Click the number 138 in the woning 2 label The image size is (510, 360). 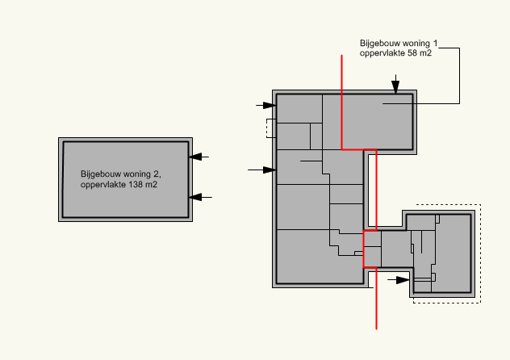pyautogui.click(x=136, y=184)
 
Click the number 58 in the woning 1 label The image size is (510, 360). pyautogui.click(x=412, y=52)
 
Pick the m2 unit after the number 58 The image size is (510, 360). pyautogui.click(x=425, y=53)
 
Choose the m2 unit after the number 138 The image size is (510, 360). pyautogui.click(x=151, y=185)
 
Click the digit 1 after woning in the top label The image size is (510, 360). pyautogui.click(x=435, y=43)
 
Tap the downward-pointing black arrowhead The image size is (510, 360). pyautogui.click(x=395, y=87)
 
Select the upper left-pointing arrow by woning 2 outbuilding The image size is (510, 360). pyautogui.click(x=199, y=157)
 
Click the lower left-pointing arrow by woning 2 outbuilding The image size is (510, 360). pyautogui.click(x=200, y=197)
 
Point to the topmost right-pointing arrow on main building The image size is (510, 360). pyautogui.click(x=266, y=106)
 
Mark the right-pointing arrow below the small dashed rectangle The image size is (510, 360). pyautogui.click(x=262, y=170)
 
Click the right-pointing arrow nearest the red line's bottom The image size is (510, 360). pyautogui.click(x=399, y=279)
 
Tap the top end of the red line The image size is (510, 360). pyautogui.click(x=341, y=55)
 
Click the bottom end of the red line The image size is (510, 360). pyautogui.click(x=376, y=329)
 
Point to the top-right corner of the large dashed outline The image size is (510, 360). pyautogui.click(x=480, y=204)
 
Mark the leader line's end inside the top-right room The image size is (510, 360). pyautogui.click(x=382, y=104)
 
